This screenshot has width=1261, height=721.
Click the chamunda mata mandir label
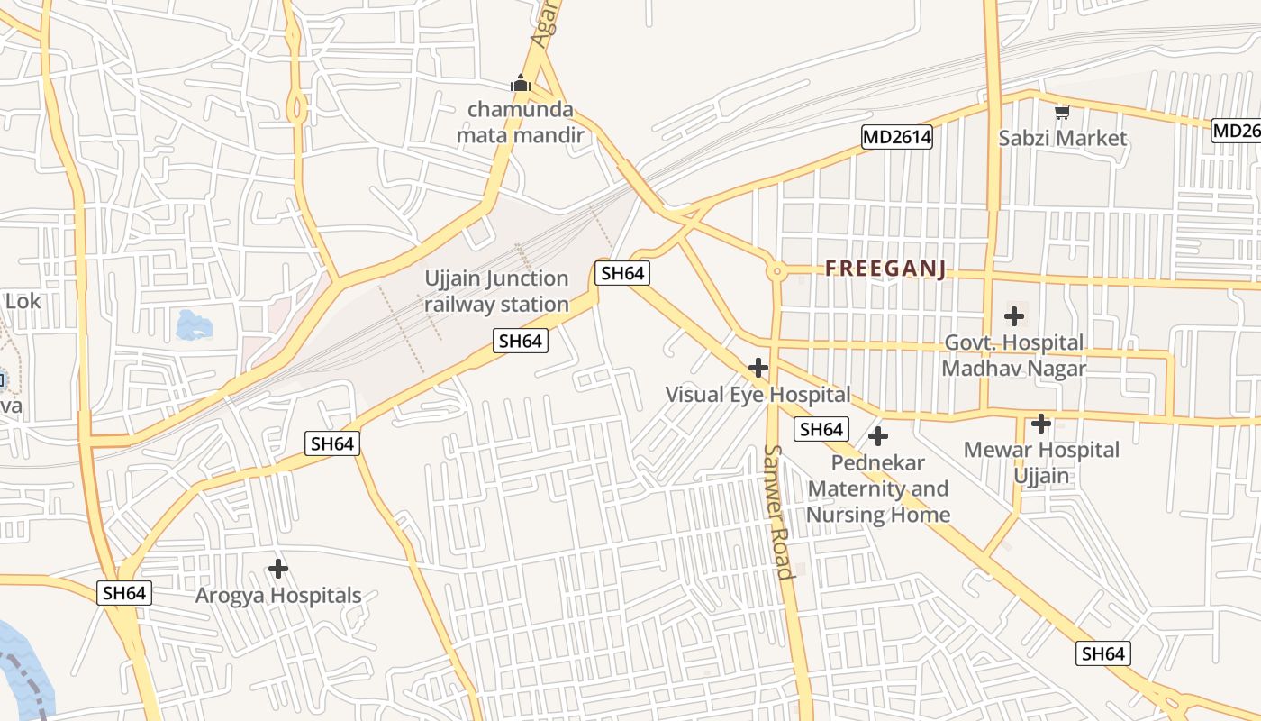click(521, 123)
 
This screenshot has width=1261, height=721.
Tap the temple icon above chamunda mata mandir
click(521, 84)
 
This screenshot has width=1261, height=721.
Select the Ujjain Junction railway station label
click(496, 291)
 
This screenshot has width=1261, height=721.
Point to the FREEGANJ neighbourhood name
click(885, 269)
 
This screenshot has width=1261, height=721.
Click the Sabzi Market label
click(1062, 138)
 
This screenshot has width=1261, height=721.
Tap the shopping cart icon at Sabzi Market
click(1063, 113)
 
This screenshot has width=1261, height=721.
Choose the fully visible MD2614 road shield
click(896, 137)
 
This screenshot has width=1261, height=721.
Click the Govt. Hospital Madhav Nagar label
click(1013, 355)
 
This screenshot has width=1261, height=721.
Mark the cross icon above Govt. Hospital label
click(1014, 316)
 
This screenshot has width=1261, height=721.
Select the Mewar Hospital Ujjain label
click(1041, 461)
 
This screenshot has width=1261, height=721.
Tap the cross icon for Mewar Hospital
click(1041, 423)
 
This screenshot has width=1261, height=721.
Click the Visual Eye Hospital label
click(758, 394)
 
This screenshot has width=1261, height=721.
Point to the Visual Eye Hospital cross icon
click(758, 368)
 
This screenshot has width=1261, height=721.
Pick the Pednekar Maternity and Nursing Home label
click(877, 488)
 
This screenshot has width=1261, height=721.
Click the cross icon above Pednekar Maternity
click(878, 437)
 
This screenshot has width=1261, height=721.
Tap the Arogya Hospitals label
click(278, 595)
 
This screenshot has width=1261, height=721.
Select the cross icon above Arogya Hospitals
click(278, 569)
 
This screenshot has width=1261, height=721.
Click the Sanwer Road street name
click(778, 510)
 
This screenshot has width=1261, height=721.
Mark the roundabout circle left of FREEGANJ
click(776, 269)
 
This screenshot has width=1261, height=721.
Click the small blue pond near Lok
click(194, 324)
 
